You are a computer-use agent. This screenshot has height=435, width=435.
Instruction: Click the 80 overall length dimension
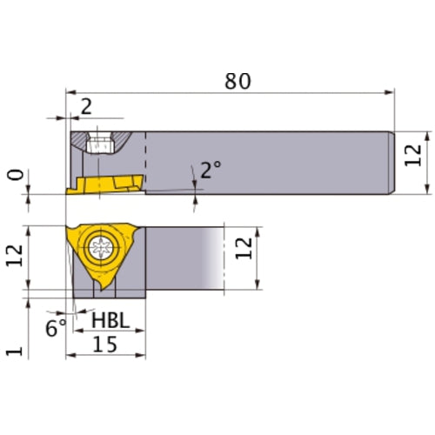tap(238, 81)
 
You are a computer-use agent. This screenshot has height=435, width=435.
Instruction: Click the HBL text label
tap(110, 321)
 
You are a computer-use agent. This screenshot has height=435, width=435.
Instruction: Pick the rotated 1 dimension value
tap(12, 351)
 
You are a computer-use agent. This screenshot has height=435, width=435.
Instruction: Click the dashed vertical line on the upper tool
tap(145, 161)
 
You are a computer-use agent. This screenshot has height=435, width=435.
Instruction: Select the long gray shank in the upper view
tap(270, 161)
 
